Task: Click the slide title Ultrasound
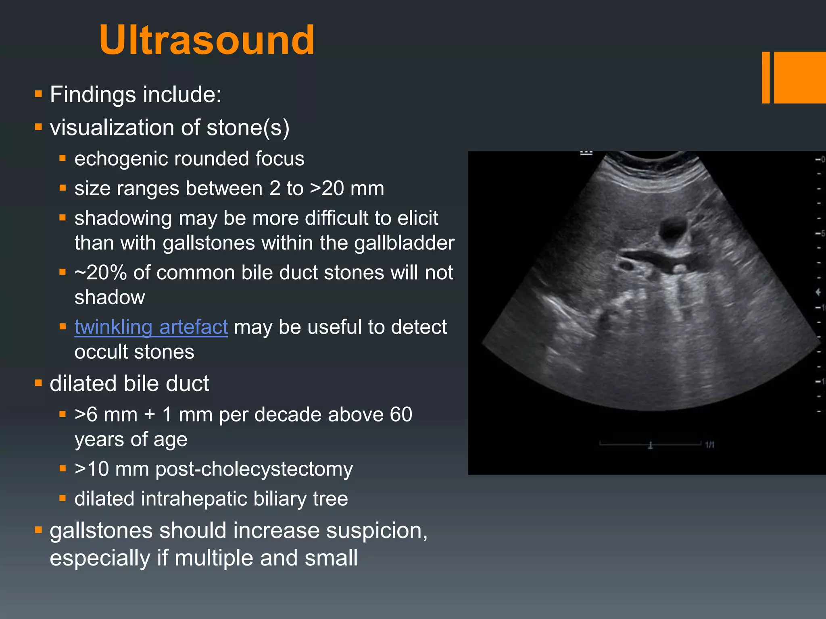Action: tap(206, 40)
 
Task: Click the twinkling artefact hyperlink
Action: tap(151, 327)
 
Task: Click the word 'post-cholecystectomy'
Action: tap(254, 469)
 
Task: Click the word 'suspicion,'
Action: tap(377, 530)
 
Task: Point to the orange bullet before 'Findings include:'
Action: tap(39, 95)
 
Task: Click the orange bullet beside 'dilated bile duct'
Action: tap(39, 383)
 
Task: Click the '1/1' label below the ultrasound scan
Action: tap(709, 445)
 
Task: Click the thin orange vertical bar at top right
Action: tap(766, 77)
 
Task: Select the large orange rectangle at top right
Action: tap(800, 77)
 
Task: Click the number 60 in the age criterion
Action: tap(401, 415)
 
